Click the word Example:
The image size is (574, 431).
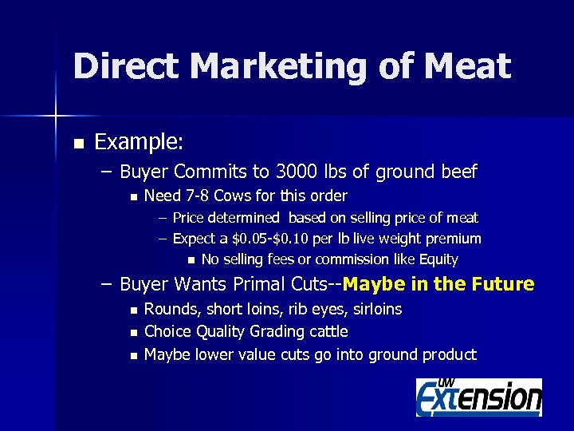click(x=139, y=143)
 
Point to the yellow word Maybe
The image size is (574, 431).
click(x=373, y=284)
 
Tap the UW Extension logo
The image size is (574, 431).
click(x=478, y=397)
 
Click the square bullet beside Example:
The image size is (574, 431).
click(x=77, y=144)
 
